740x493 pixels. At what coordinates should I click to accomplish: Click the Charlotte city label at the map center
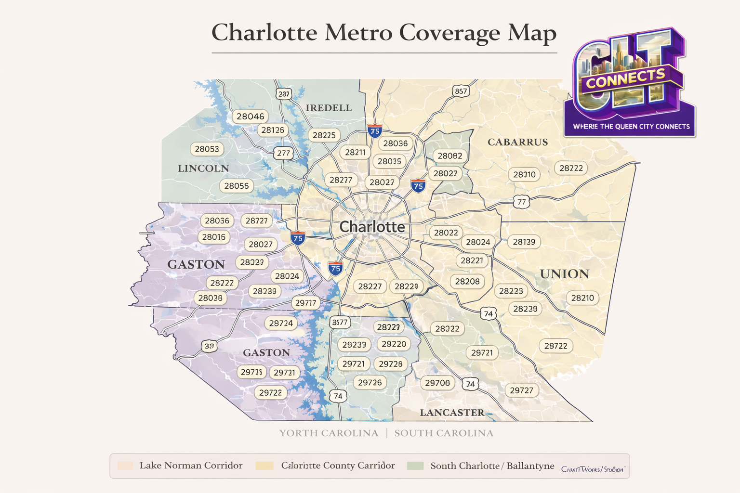[372, 227]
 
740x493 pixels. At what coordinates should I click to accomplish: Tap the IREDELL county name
[329, 108]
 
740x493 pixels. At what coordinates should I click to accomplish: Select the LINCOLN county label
[203, 169]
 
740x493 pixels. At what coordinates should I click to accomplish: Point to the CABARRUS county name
[517, 142]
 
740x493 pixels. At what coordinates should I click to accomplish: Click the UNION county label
[564, 274]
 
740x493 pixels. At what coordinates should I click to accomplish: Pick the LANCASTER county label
[452, 413]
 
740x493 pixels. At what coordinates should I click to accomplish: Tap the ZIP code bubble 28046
[250, 117]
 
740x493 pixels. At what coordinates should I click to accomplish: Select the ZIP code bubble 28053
[207, 149]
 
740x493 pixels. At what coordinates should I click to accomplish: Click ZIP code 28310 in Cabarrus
[524, 174]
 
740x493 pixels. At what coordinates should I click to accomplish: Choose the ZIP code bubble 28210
[582, 298]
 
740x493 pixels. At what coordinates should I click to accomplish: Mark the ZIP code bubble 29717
[306, 303]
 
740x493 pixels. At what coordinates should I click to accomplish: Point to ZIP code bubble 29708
[437, 383]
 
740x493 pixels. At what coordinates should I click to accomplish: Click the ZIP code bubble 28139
[524, 242]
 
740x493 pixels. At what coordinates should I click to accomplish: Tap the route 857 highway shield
[461, 91]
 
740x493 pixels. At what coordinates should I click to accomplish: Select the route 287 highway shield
[284, 94]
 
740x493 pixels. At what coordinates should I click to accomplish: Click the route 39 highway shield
[209, 346]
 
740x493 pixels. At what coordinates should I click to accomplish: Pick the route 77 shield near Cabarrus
[521, 202]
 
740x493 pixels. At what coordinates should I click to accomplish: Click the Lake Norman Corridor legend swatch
[125, 466]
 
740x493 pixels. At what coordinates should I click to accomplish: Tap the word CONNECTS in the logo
[625, 78]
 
